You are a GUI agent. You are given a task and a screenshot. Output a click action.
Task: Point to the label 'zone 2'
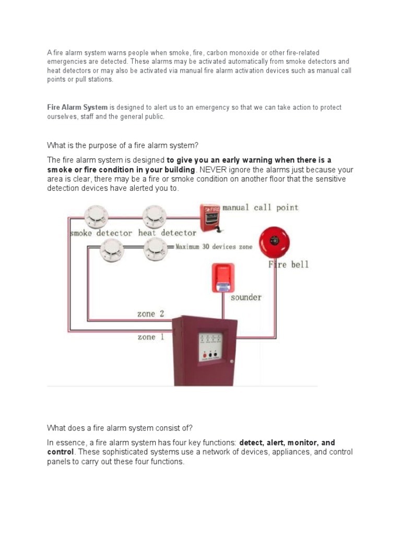coord(150,314)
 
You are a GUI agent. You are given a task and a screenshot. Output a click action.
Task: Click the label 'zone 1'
coord(150,337)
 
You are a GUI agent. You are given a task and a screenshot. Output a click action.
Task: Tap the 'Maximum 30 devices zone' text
coord(214,246)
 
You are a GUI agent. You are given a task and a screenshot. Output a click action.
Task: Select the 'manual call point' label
coord(261,207)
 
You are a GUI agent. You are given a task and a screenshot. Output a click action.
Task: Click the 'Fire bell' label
coord(289,264)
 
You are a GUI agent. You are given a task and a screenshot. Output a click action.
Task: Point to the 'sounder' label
coord(246,297)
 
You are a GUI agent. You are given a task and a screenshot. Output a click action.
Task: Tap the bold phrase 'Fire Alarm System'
coord(77,108)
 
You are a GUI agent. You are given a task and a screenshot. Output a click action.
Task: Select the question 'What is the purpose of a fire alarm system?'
coord(123,145)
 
